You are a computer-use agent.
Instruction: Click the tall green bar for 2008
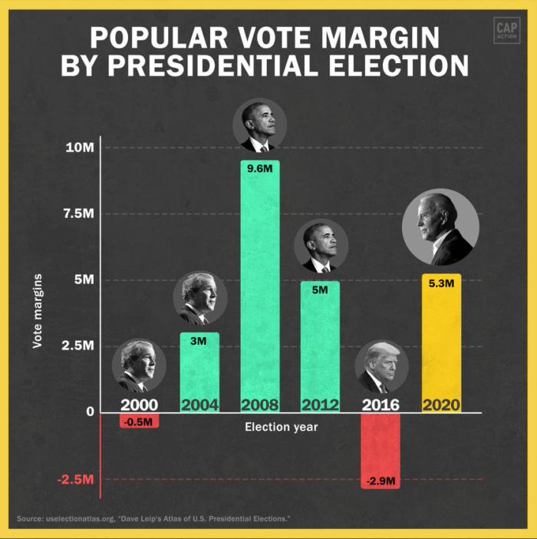coord(259,284)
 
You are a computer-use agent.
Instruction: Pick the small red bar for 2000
coord(139,421)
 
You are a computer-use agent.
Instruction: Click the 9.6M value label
coord(259,168)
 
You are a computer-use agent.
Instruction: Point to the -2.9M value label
coord(381,481)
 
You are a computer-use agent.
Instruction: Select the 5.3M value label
coord(441,283)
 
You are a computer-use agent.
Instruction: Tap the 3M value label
coord(199,341)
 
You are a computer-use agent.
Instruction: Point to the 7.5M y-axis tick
coord(78,213)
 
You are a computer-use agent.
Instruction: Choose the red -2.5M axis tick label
coord(76,480)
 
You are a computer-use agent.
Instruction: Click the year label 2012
coord(320,405)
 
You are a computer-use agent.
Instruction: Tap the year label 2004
coord(199,405)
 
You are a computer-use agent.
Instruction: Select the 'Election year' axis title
coord(281,427)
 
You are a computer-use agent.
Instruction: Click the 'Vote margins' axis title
coord(37,310)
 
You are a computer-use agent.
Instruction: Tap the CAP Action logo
coord(507,31)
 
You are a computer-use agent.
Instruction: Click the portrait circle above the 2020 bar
coord(440,227)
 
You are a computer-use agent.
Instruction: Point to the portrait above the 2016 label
coord(381,367)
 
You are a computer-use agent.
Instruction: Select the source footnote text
coord(154,520)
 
